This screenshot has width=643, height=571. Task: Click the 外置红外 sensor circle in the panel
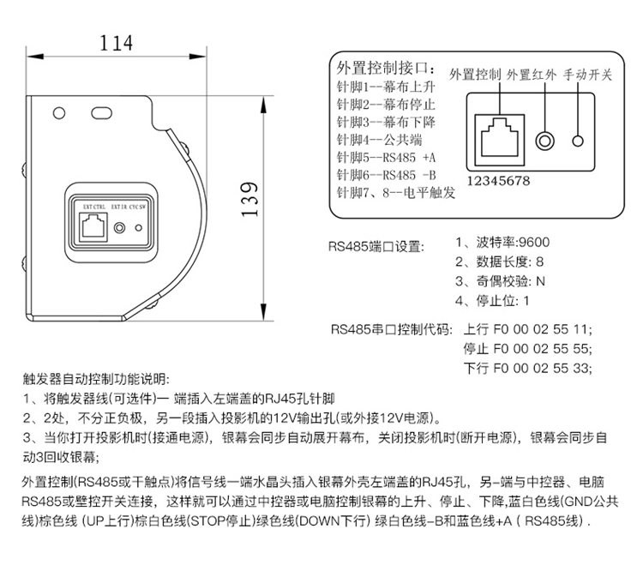pos(544,140)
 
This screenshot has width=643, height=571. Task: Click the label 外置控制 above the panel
pos(475,75)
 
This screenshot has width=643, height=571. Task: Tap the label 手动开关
pos(587,75)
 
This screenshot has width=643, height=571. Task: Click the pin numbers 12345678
pos(498,181)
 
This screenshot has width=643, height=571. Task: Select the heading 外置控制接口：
pos(388,68)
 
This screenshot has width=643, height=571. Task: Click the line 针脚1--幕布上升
pos(386,87)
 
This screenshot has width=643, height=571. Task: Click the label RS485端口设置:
pos(376,247)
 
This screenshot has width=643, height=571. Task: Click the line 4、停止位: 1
pos(492,300)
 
